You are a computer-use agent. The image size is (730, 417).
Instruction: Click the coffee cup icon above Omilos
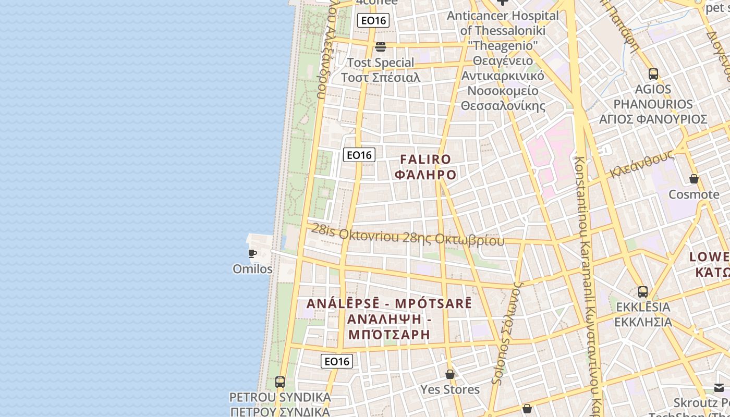[252, 254]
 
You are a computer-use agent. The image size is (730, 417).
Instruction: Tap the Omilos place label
[252, 269]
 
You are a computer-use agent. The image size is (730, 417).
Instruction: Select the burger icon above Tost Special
[381, 47]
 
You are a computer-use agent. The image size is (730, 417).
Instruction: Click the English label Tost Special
[381, 63]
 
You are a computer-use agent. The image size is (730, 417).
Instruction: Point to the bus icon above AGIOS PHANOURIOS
[653, 74]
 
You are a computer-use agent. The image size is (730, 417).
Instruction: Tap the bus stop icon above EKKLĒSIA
[643, 292]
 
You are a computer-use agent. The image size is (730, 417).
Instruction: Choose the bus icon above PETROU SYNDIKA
[280, 382]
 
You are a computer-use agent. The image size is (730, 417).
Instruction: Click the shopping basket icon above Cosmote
[694, 179]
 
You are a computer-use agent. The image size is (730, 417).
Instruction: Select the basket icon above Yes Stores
[450, 374]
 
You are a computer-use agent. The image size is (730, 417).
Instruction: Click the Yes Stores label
[450, 389]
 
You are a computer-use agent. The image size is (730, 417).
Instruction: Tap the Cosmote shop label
[694, 194]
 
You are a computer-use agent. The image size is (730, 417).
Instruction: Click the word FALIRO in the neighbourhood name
[425, 160]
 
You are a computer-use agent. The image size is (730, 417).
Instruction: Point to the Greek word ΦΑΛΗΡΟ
[425, 175]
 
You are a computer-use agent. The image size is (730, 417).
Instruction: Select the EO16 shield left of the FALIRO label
[359, 155]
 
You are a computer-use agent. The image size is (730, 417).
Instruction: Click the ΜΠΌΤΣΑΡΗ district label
[389, 334]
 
